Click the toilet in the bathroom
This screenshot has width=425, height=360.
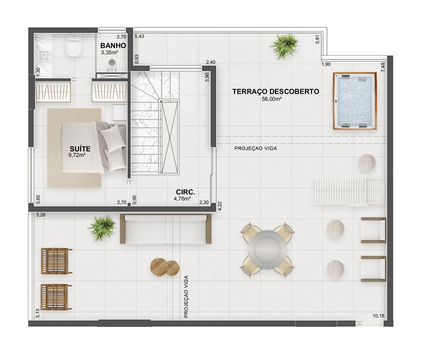[74, 46]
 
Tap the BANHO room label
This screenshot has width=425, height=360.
[113, 46]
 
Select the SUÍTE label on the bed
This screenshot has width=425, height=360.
[80, 149]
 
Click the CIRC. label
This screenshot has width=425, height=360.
[186, 192]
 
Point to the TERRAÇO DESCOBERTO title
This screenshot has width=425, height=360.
[276, 92]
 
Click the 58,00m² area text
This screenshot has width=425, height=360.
[271, 99]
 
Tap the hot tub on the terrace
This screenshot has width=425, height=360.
[355, 101]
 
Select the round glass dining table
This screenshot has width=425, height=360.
[267, 250]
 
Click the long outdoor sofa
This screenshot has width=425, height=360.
[166, 229]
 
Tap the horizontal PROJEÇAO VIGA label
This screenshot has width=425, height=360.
[256, 148]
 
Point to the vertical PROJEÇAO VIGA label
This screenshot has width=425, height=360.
[186, 296]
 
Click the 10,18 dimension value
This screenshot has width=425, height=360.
[379, 316]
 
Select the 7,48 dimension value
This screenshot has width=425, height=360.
[383, 67]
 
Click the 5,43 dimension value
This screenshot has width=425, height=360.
[139, 36]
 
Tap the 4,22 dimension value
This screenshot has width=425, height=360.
[220, 206]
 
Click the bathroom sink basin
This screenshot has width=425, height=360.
[44, 55]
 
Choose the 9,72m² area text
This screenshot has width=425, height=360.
[77, 155]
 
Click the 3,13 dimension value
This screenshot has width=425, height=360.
[38, 313]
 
